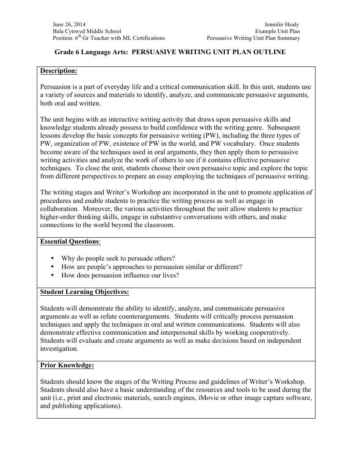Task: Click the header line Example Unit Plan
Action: point(277,31)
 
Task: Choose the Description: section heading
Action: point(58,71)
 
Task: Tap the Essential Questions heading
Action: point(69,241)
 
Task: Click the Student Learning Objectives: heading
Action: point(84,292)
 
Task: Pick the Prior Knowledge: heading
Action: point(67,365)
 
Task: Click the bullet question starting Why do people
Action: point(118,258)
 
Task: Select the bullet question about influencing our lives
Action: point(120,275)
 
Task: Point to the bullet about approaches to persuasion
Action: point(151,267)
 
